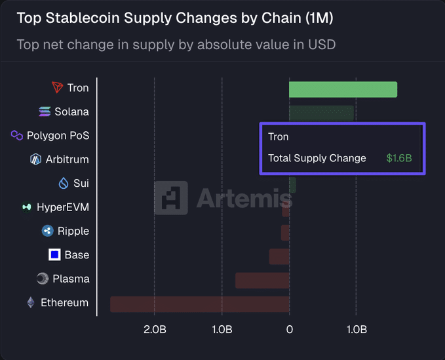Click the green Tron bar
[x=343, y=89]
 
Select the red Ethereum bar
[x=200, y=304]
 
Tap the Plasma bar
[x=262, y=280]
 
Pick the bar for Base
[x=279, y=256]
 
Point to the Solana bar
[x=321, y=113]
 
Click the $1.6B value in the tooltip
[x=398, y=158]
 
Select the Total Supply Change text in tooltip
[x=317, y=158]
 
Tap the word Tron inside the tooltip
[x=278, y=137]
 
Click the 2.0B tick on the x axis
[x=155, y=329]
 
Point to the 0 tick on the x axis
[x=289, y=329]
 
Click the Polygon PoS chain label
[x=58, y=136]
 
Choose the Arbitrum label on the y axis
[x=67, y=159]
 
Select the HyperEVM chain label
[x=63, y=207]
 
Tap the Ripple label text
[x=73, y=231]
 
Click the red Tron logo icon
[x=58, y=88]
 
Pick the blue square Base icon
[x=54, y=254]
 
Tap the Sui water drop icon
[x=64, y=183]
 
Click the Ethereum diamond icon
[x=30, y=302]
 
